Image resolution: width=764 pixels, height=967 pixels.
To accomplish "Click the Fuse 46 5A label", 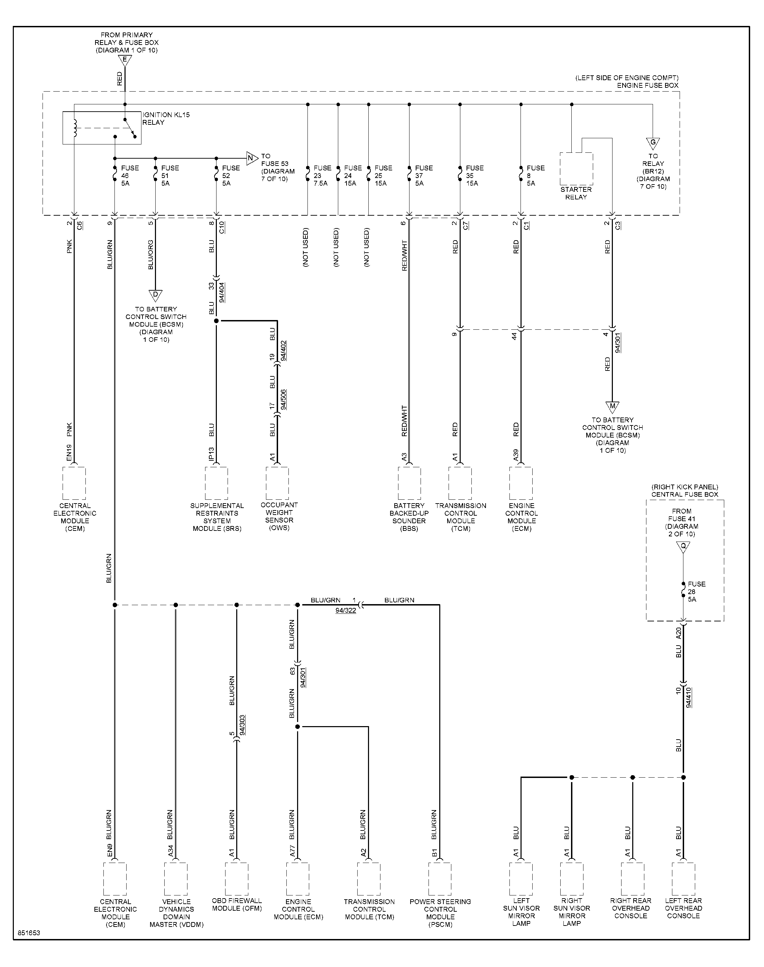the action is [130, 176].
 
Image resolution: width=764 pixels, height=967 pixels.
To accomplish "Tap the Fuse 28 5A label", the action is [697, 592].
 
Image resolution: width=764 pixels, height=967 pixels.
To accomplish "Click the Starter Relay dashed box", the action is [577, 169].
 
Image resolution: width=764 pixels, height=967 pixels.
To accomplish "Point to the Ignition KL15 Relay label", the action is [166, 119].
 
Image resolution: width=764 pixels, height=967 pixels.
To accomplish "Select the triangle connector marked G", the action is [653, 143].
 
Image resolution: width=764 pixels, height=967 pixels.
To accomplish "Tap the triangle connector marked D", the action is [155, 295].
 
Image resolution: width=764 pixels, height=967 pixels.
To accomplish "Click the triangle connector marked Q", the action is [683, 547].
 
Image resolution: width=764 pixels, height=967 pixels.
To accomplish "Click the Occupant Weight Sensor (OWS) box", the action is [277, 483].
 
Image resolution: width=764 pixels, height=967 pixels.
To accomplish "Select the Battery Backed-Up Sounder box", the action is [409, 483].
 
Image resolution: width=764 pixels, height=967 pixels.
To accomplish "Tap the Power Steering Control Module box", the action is [440, 879].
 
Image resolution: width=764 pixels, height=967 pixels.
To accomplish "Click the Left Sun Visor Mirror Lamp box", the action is [521, 879].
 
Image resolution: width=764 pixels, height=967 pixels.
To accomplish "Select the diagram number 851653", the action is [29, 933].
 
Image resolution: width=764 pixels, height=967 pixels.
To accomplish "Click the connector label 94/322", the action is [346, 610].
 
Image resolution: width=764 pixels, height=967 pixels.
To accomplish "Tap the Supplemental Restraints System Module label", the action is [217, 517].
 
